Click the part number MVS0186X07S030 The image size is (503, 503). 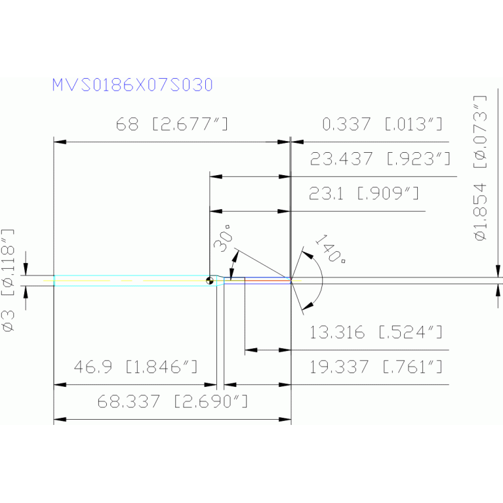point(132,85)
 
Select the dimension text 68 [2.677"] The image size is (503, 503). point(172,124)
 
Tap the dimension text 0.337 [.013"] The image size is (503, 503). point(382,124)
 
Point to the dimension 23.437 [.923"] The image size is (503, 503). point(380,159)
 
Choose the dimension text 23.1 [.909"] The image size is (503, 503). point(364,193)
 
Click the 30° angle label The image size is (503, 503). point(223,238)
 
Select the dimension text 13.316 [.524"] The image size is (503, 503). point(376,332)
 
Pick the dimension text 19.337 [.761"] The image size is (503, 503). point(376,367)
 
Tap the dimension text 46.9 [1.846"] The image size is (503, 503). point(136,367)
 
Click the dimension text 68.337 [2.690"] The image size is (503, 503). point(172,401)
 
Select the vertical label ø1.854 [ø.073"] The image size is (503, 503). point(480,168)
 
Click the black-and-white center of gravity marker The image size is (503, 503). point(210,281)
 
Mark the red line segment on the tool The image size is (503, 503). point(268,281)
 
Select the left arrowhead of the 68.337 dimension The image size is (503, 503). point(60,419)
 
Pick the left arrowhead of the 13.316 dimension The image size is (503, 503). point(251,350)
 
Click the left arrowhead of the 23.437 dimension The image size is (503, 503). point(216,176)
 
